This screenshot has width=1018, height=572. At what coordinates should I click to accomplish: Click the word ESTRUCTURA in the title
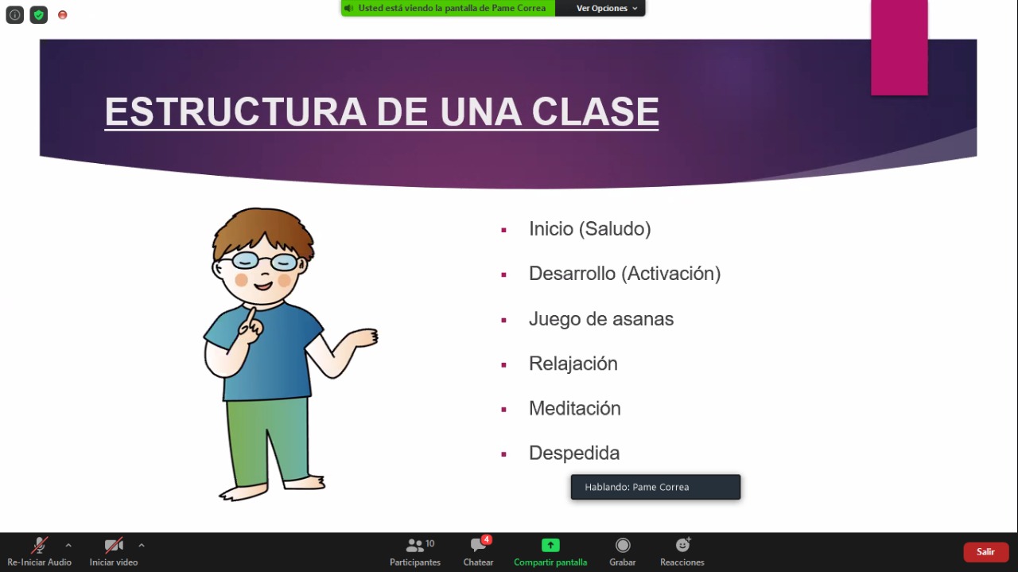[235, 111]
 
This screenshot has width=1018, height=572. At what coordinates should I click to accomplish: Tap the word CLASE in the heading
[595, 111]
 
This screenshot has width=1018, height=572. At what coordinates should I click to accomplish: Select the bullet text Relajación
[573, 364]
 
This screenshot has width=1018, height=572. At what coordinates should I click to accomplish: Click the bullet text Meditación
[574, 408]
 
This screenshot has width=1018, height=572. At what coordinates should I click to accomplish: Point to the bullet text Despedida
[574, 453]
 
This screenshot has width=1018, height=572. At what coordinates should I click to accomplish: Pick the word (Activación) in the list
[671, 274]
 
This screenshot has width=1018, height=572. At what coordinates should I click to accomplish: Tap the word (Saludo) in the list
[615, 228]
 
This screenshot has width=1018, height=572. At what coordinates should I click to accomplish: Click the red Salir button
[985, 551]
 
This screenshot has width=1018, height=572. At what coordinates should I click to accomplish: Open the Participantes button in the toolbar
[415, 552]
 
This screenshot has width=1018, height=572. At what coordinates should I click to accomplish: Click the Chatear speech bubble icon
[478, 545]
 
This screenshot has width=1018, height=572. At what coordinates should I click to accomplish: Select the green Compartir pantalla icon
[550, 545]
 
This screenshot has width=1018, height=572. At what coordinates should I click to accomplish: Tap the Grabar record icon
[623, 545]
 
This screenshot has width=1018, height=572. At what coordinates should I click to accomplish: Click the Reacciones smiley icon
[682, 545]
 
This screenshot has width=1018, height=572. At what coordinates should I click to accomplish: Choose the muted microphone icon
[39, 545]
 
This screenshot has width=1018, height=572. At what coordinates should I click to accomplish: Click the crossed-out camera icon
[114, 545]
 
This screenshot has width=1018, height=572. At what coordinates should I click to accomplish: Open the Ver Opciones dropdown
[605, 8]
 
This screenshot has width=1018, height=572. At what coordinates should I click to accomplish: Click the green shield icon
[39, 15]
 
